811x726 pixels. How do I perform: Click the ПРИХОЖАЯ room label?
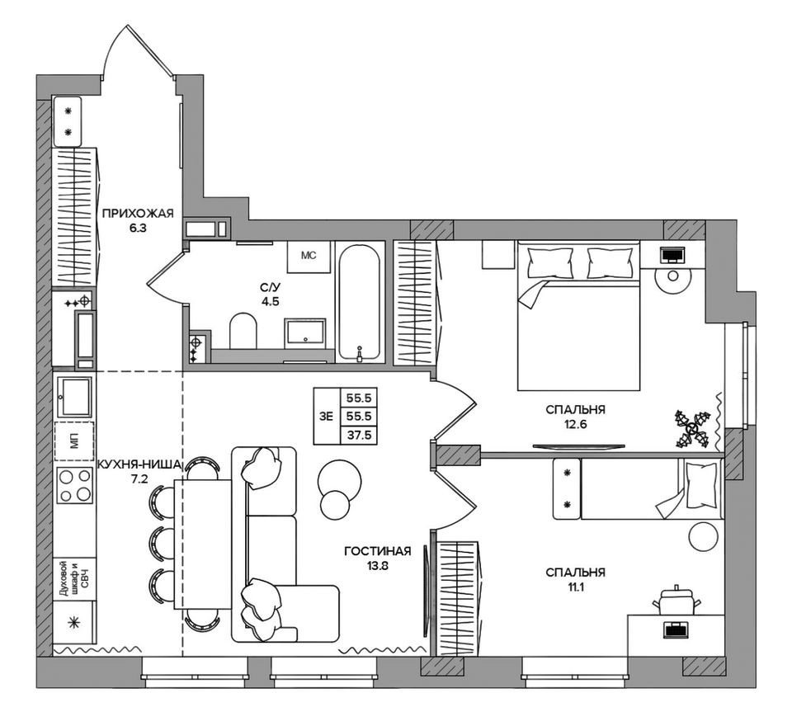(x=138, y=214)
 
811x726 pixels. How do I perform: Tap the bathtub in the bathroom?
(x=359, y=301)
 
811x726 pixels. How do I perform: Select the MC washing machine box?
(x=309, y=256)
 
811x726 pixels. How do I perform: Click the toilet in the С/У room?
(x=243, y=331)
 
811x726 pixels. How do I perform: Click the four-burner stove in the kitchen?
(x=75, y=485)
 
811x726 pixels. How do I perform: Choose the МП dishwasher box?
(x=75, y=441)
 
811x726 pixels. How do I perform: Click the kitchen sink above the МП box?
(x=75, y=396)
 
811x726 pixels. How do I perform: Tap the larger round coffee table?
(x=339, y=477)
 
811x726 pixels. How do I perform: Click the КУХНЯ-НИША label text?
(x=138, y=465)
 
